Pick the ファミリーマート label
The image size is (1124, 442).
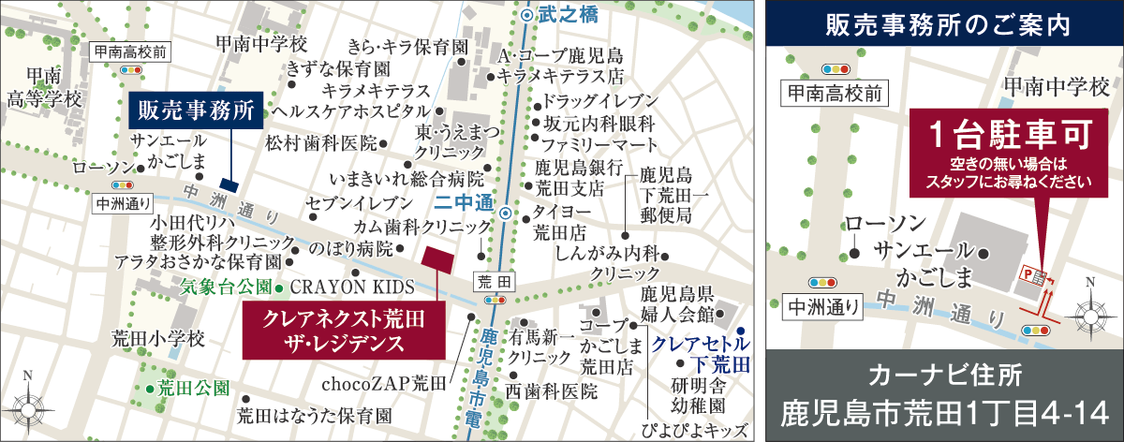point(587,144)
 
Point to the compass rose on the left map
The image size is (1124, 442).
point(28,408)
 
